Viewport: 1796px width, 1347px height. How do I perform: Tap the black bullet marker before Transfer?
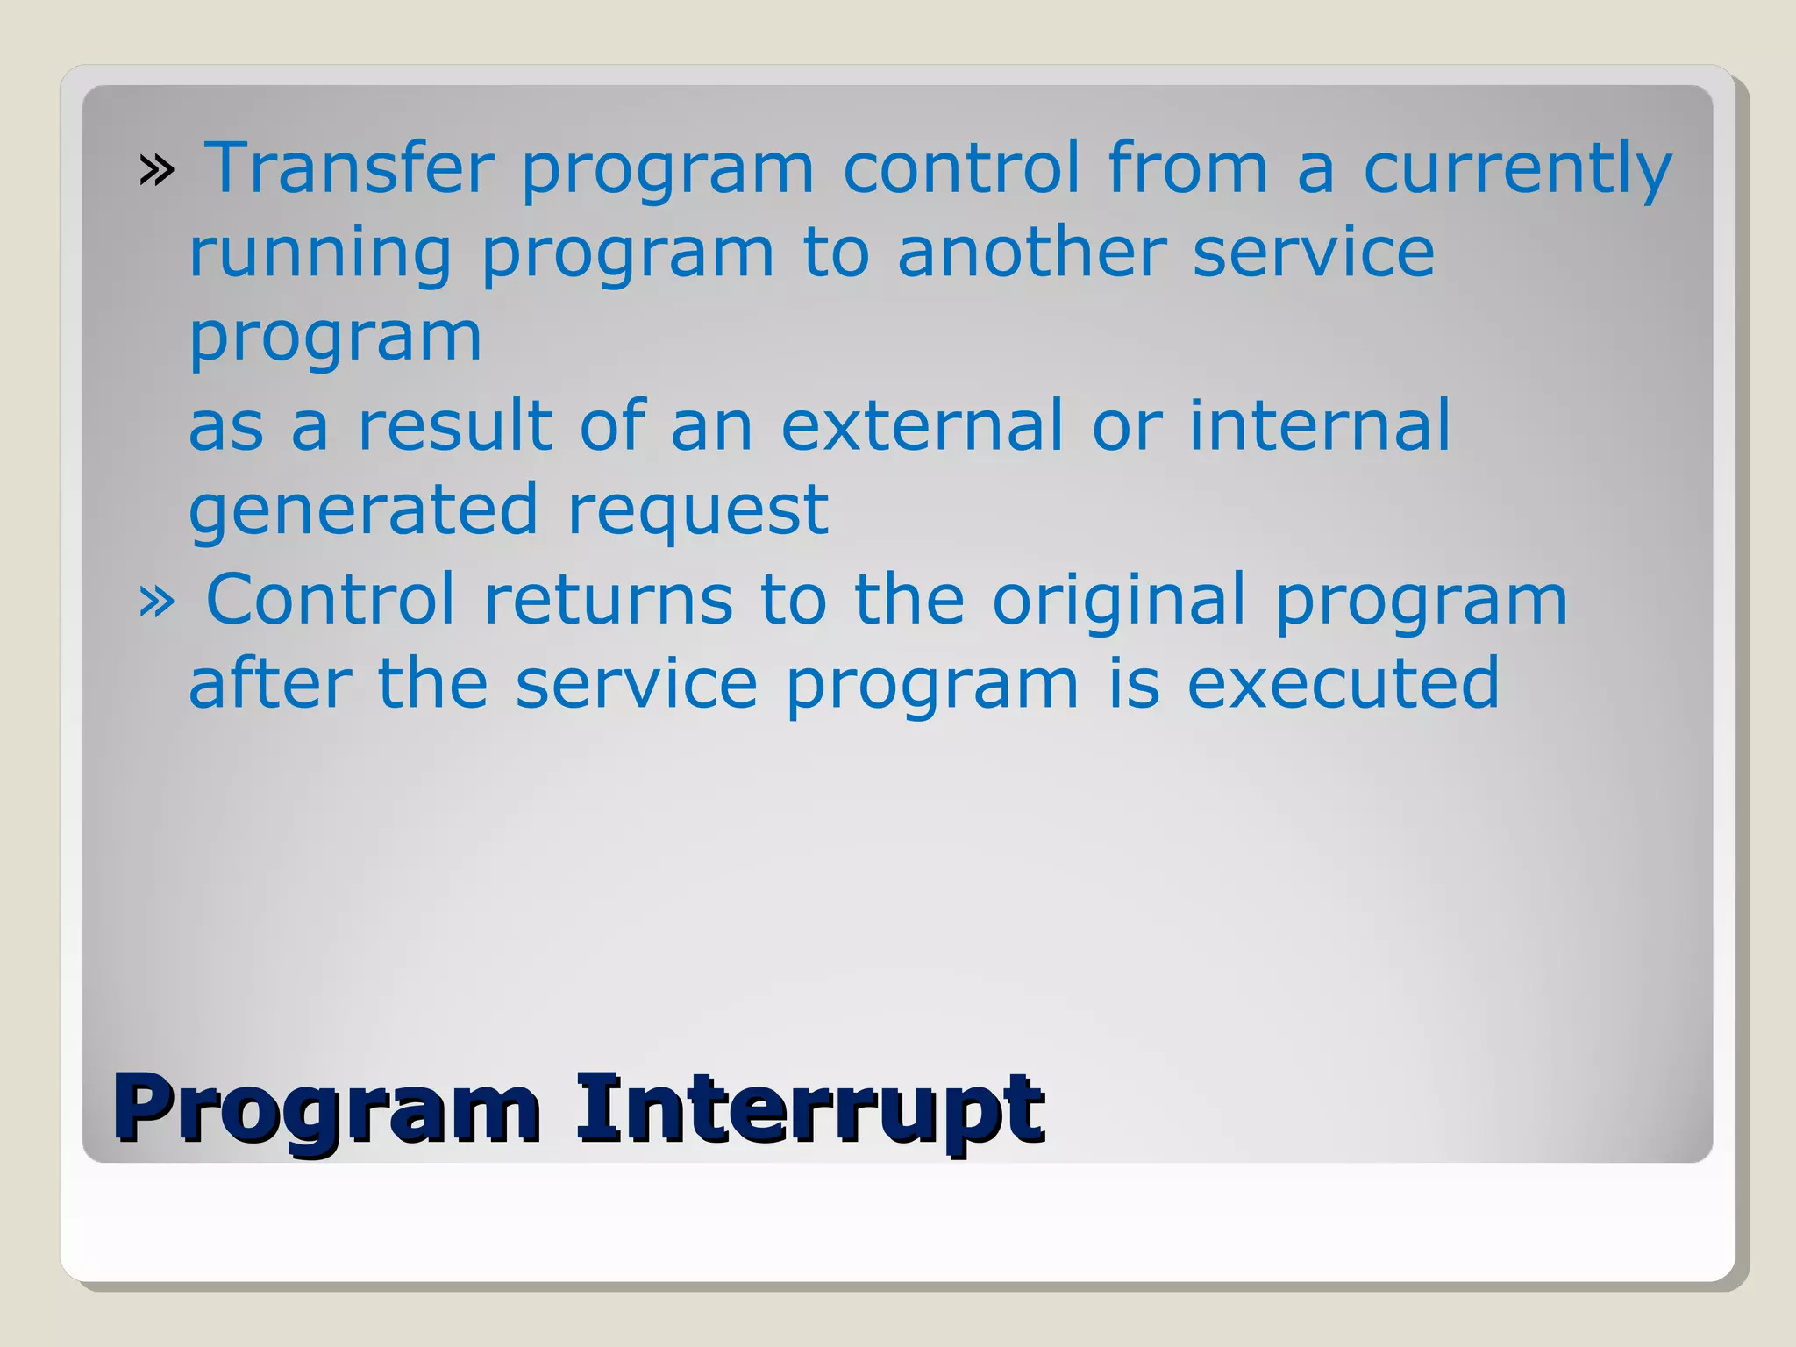pyautogui.click(x=156, y=170)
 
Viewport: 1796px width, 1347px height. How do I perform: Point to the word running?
pyautogui.click(x=321, y=254)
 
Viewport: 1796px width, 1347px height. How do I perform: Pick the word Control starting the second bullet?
pyautogui.click(x=331, y=600)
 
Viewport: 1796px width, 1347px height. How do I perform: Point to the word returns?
pyautogui.click(x=608, y=600)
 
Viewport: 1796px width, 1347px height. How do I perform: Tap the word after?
pyautogui.click(x=270, y=684)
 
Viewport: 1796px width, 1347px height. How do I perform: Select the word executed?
pyautogui.click(x=1343, y=684)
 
